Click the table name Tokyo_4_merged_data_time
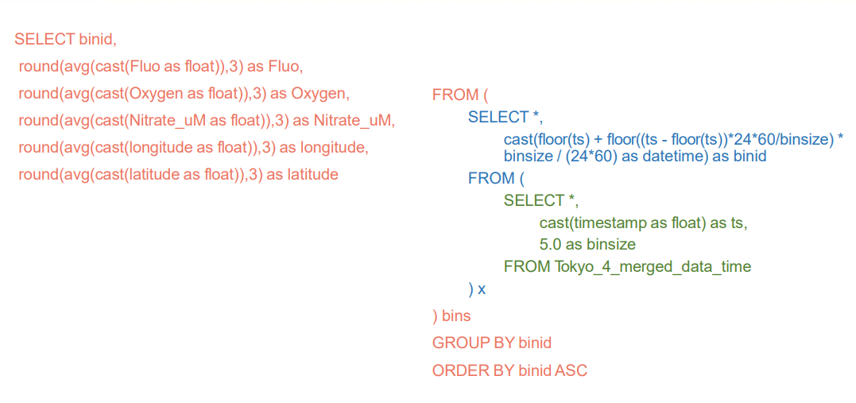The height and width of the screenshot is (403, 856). (x=653, y=266)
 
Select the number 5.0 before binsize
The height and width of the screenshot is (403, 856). (x=552, y=244)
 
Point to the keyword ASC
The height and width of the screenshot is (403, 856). (x=571, y=370)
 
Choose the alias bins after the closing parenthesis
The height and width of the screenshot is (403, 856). (x=456, y=316)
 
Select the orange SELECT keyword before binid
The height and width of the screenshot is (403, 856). (x=45, y=39)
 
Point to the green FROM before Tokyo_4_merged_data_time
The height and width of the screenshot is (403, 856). (x=526, y=266)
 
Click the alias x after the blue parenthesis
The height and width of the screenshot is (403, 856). (x=482, y=289)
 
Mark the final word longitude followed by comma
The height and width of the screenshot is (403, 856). (x=332, y=147)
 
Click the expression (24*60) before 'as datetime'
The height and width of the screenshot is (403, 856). (x=589, y=156)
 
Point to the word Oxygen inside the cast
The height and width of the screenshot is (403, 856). (x=156, y=93)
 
